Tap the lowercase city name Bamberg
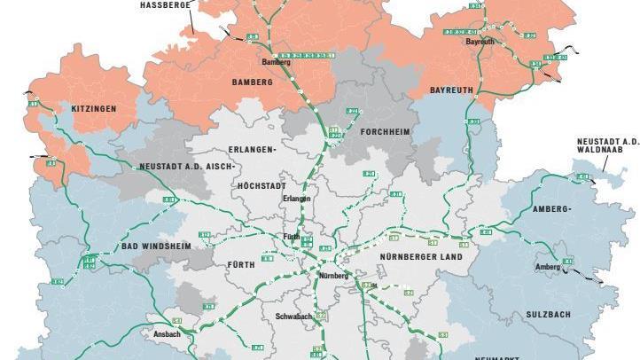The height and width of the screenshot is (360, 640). coord(275,62)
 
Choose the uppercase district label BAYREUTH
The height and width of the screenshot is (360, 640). coord(452,90)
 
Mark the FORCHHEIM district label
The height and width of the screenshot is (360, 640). coord(386,131)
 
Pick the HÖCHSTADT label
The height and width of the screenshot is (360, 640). coord(263,185)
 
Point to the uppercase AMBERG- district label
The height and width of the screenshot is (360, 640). coord(553,208)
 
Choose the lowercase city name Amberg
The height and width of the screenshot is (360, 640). coord(548,267)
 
